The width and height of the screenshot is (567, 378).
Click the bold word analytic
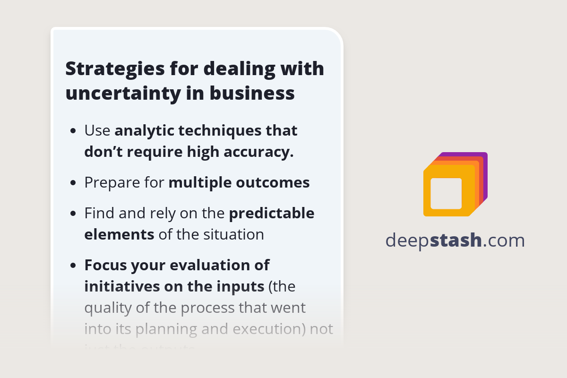[x=144, y=130]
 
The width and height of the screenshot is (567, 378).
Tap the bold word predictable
[x=272, y=214]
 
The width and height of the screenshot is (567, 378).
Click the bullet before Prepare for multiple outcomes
[x=73, y=183]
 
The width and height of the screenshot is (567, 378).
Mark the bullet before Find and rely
[x=73, y=214]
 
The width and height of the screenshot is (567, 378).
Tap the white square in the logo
[x=446, y=193]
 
